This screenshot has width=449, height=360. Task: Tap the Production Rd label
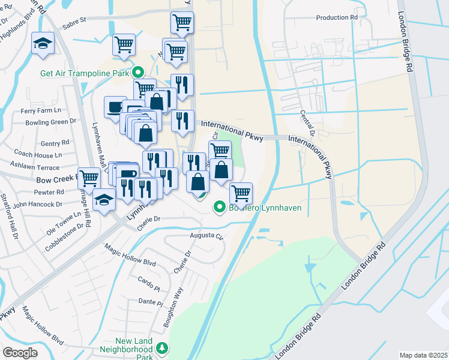[337, 18]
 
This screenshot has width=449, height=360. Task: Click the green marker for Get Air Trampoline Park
[137, 73]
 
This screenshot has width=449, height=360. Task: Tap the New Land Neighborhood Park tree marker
[161, 347]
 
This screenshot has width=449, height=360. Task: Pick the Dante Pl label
[150, 301]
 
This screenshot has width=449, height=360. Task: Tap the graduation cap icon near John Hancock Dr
[104, 199]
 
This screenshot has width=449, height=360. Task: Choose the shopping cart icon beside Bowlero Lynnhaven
[241, 193]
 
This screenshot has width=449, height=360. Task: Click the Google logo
[20, 353]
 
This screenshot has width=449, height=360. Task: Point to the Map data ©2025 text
[423, 355]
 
